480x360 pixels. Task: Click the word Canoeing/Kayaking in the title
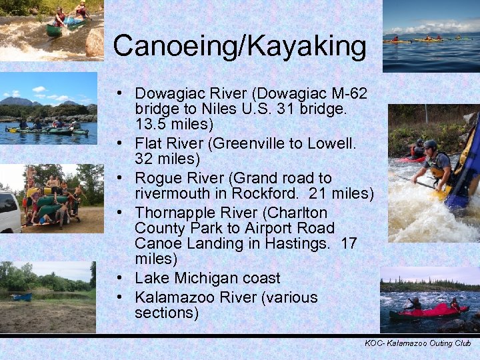[x=239, y=46]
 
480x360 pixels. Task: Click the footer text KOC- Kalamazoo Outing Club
[x=417, y=343]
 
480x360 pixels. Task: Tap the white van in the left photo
[x=9, y=211]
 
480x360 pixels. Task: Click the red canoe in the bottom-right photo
[x=427, y=311]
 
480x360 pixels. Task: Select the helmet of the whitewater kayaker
[x=431, y=145]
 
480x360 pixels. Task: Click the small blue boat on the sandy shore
[x=21, y=297]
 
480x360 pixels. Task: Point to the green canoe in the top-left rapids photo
[x=55, y=30]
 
